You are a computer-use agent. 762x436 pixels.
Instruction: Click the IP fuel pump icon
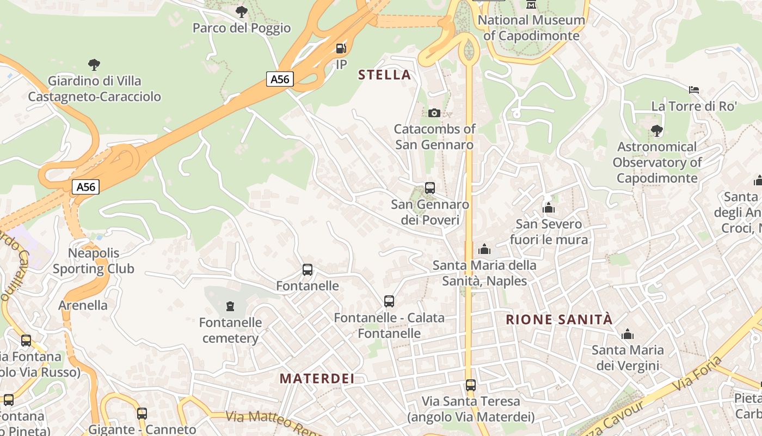click(341, 49)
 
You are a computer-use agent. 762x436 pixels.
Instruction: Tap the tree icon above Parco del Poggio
click(241, 11)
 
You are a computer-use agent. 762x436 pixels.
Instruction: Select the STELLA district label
click(384, 75)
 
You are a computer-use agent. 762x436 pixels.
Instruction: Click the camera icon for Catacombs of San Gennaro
click(434, 113)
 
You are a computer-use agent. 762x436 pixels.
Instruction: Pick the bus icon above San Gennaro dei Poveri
click(430, 188)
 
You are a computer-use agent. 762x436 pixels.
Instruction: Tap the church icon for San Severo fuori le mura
click(549, 208)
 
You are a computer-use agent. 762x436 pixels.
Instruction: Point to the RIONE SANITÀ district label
click(560, 320)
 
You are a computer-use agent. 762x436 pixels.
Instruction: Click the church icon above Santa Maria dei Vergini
click(628, 334)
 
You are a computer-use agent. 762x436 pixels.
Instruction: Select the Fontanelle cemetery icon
click(230, 306)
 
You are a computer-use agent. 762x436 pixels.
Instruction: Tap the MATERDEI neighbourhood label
click(317, 378)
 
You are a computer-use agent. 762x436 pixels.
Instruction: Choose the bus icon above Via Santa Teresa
click(471, 385)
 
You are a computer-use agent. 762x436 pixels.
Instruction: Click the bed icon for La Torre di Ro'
click(694, 89)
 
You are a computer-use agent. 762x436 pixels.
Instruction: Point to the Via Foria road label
click(697, 374)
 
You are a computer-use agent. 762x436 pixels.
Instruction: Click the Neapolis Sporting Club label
click(94, 261)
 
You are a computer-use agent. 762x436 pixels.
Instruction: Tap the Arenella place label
click(83, 305)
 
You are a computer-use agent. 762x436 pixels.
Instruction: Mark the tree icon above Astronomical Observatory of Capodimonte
click(657, 130)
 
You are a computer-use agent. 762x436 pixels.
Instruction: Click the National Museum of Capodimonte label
click(531, 28)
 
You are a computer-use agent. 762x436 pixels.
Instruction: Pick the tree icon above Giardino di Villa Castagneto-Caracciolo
click(94, 65)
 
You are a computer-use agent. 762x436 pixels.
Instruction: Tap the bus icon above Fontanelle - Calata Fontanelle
click(389, 301)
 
